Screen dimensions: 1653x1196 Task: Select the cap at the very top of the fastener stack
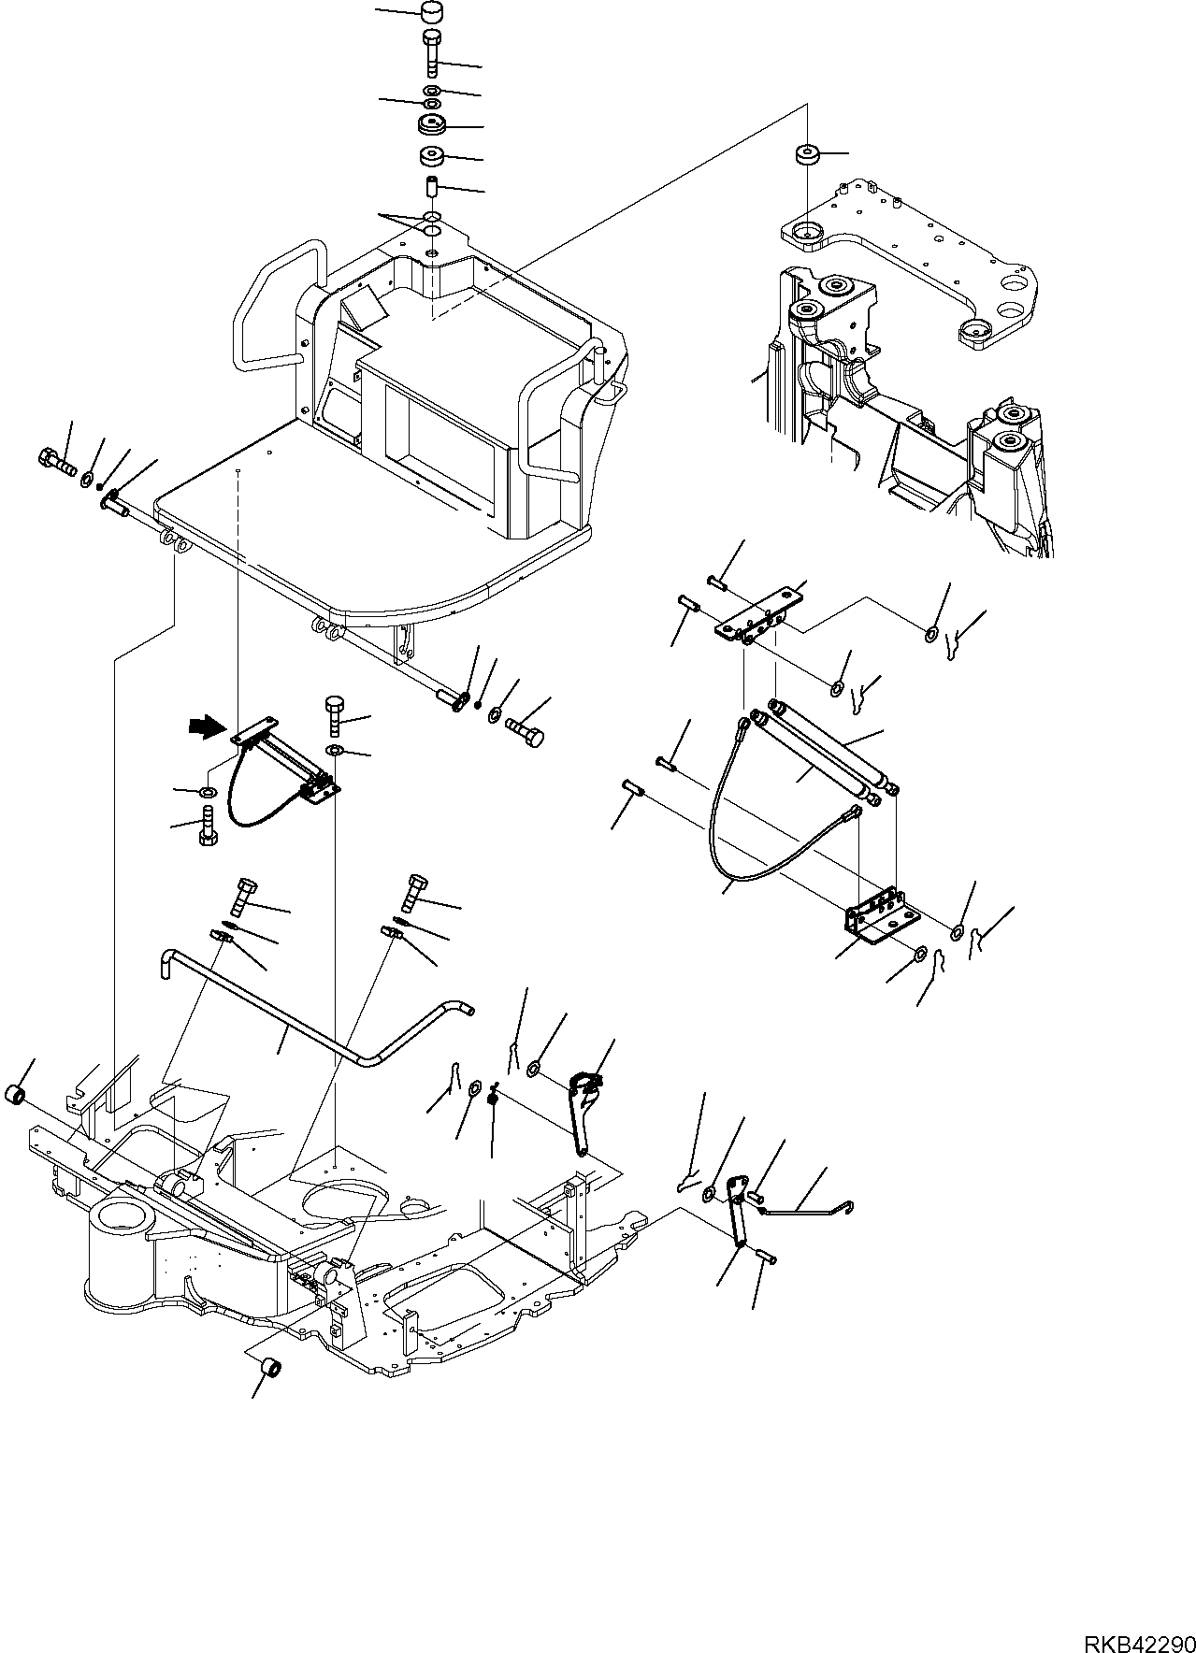coord(431,14)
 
